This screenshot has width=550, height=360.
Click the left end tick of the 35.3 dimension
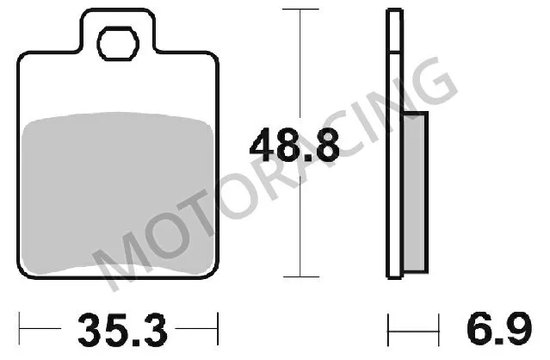22,330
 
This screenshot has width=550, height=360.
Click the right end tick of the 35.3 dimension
219,330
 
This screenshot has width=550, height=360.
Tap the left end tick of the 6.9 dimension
389,330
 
